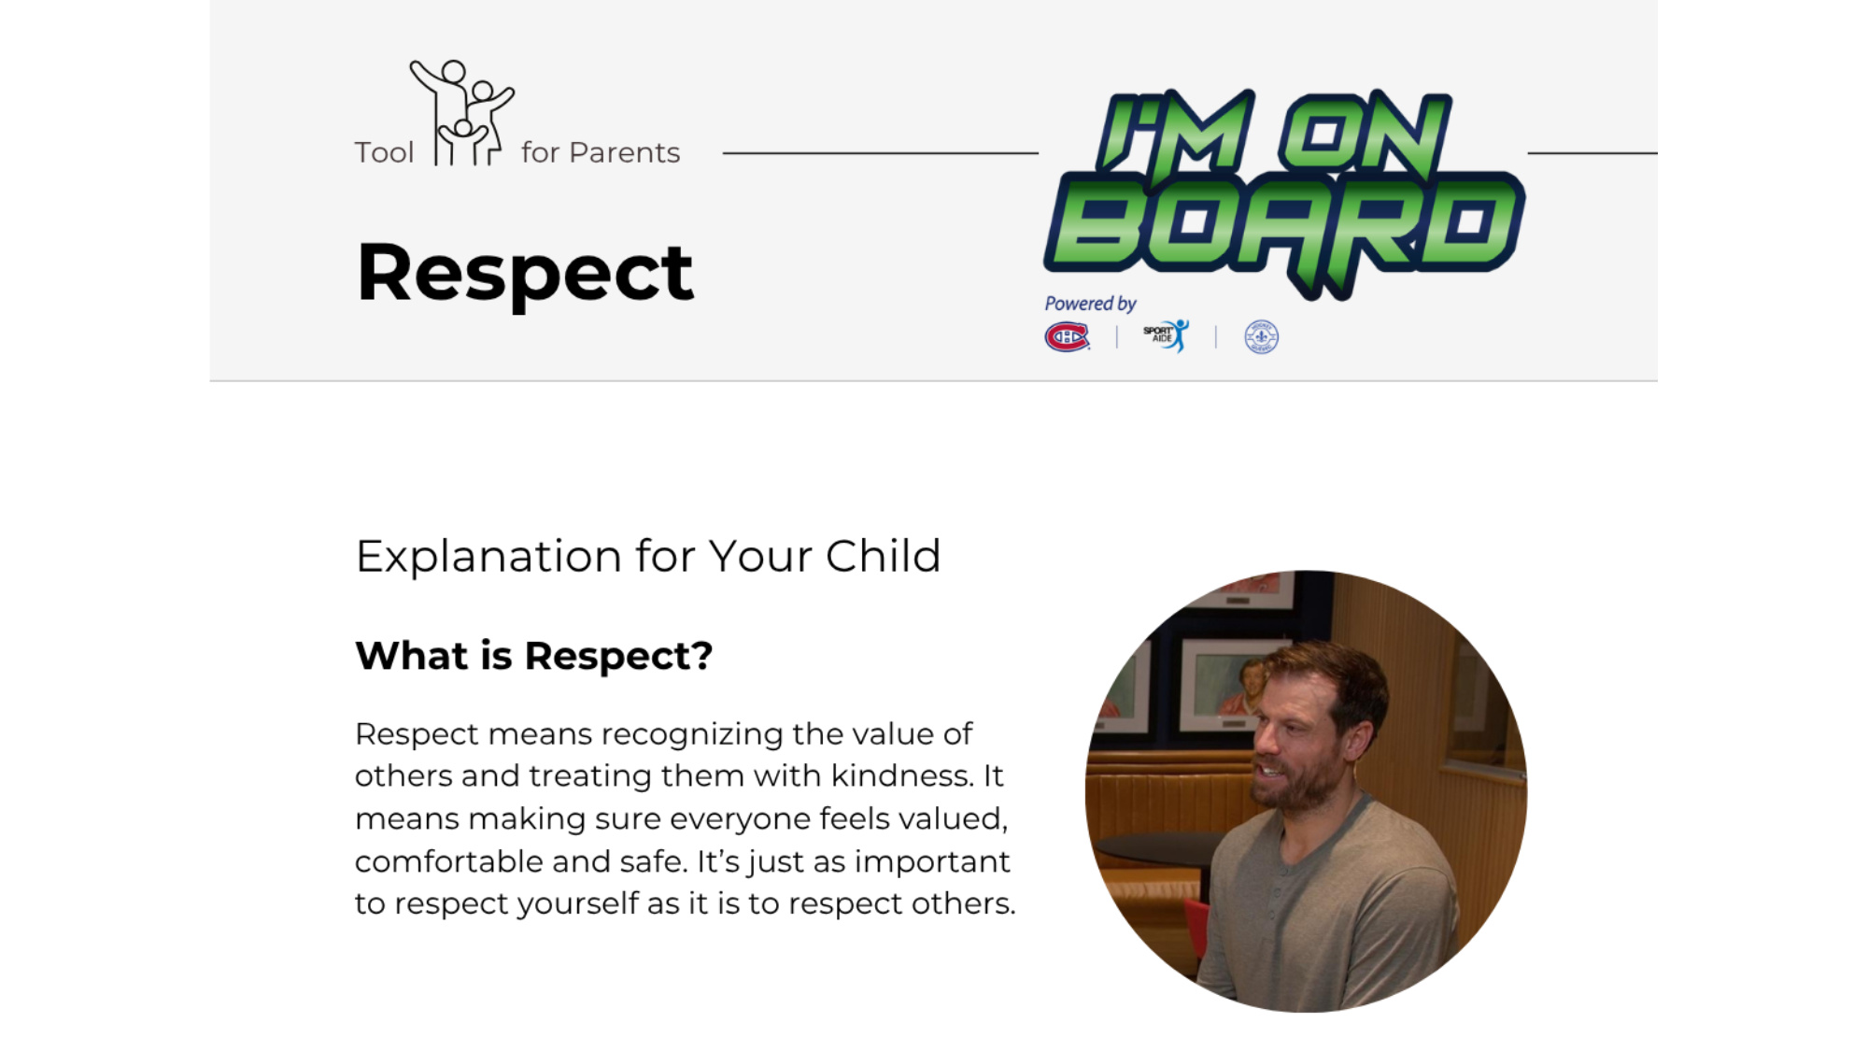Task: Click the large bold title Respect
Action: click(x=525, y=273)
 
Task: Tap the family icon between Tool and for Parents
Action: click(x=462, y=113)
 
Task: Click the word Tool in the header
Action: click(x=384, y=152)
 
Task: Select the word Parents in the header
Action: click(x=625, y=152)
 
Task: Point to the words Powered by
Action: click(x=1090, y=304)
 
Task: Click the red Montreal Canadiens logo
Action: click(x=1067, y=336)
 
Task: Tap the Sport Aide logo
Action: click(x=1167, y=335)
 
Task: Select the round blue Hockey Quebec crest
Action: click(x=1261, y=336)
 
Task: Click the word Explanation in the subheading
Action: click(x=488, y=557)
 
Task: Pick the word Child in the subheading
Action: click(x=883, y=556)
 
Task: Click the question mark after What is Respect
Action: click(x=702, y=656)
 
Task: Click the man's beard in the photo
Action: click(x=1303, y=780)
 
